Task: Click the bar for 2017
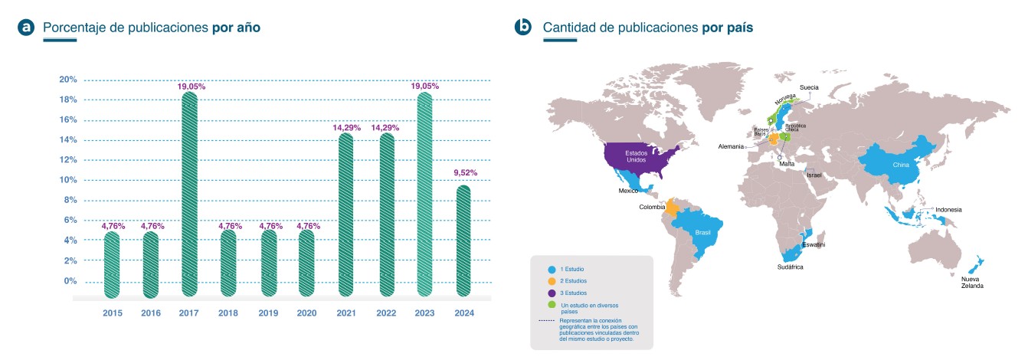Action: pos(189,195)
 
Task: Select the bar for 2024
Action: pos(463,241)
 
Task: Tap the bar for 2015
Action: pos(112,264)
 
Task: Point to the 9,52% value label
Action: pos(463,173)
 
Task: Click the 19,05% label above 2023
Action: pos(424,87)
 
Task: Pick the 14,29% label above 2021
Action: pos(346,128)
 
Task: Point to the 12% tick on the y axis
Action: pos(68,160)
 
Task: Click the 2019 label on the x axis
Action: pos(267,313)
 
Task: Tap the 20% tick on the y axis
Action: pos(68,80)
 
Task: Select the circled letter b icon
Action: pos(524,28)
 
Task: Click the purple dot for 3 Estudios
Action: pos(551,293)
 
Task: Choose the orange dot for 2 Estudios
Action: pos(551,281)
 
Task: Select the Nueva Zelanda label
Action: pos(972,281)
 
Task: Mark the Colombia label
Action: pos(651,207)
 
